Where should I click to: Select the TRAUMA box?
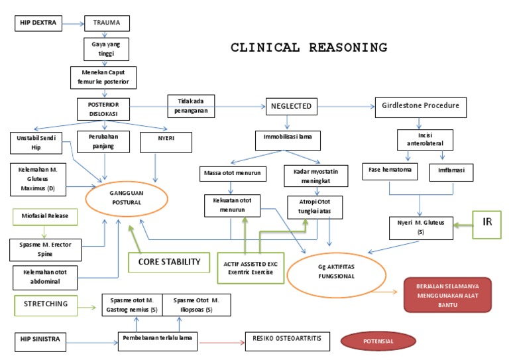106,24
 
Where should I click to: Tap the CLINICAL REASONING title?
308,48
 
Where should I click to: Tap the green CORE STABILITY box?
169,262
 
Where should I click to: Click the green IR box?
487,225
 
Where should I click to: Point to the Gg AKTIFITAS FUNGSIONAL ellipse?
331,270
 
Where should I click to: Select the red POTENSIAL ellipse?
378,341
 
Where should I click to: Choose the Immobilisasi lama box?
288,141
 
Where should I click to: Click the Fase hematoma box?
390,170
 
